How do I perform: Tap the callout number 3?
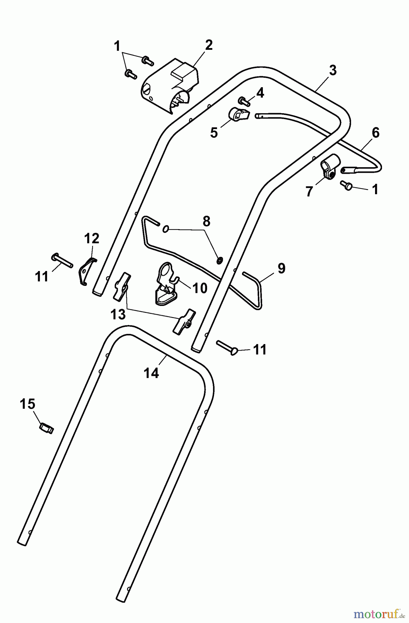click(332, 71)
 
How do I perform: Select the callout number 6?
click(375, 133)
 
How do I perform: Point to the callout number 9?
click(281, 268)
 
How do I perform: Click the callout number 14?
click(151, 373)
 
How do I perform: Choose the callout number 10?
click(199, 288)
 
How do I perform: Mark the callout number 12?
click(91, 238)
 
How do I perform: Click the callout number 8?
click(206, 222)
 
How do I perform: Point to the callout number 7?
click(309, 191)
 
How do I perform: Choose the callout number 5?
click(214, 133)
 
